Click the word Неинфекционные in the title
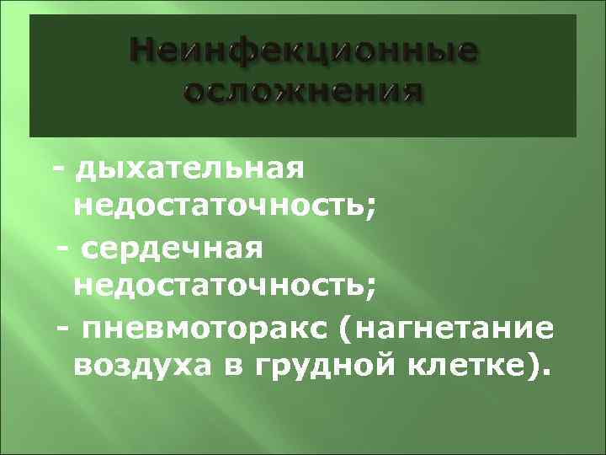(304, 56)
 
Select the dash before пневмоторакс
(61, 328)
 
